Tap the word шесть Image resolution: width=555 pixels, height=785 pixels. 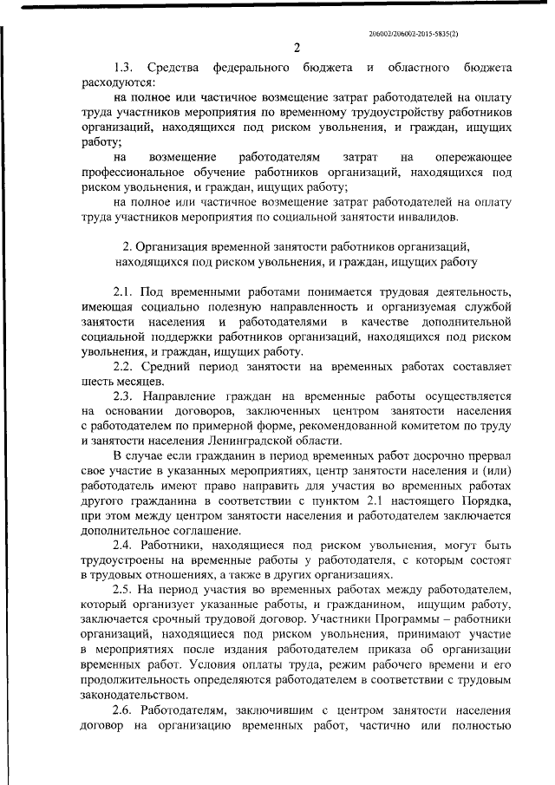point(96,381)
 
